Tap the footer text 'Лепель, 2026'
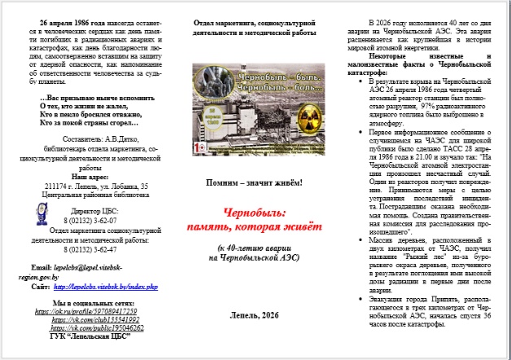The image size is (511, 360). pyautogui.click(x=255, y=314)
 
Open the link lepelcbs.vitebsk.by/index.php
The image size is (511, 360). pyautogui.click(x=106, y=288)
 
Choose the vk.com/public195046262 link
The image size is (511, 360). pyautogui.click(x=93, y=327)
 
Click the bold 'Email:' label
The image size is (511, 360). pyautogui.click(x=41, y=266)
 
